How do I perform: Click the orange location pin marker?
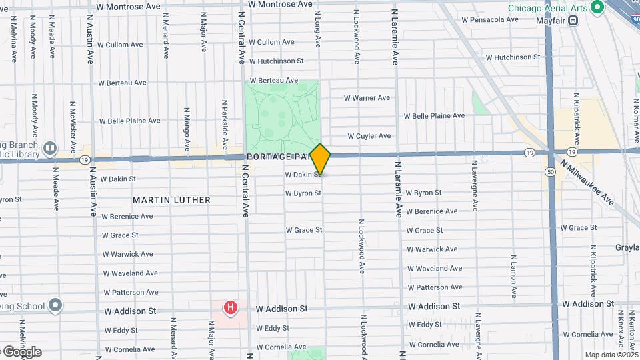[320, 159]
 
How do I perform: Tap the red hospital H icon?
[231, 307]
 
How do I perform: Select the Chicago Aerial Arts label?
[547, 8]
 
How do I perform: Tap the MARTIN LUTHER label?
[171, 200]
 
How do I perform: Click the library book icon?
[50, 148]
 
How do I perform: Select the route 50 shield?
[551, 171]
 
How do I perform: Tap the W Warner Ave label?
[367, 98]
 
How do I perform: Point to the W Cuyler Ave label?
[369, 136]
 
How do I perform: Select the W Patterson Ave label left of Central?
[130, 292]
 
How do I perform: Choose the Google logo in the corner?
[22, 352]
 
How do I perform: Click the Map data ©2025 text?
[610, 355]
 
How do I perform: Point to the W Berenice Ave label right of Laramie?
[431, 211]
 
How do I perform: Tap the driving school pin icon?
[55, 306]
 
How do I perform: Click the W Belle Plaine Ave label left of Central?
[129, 121]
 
